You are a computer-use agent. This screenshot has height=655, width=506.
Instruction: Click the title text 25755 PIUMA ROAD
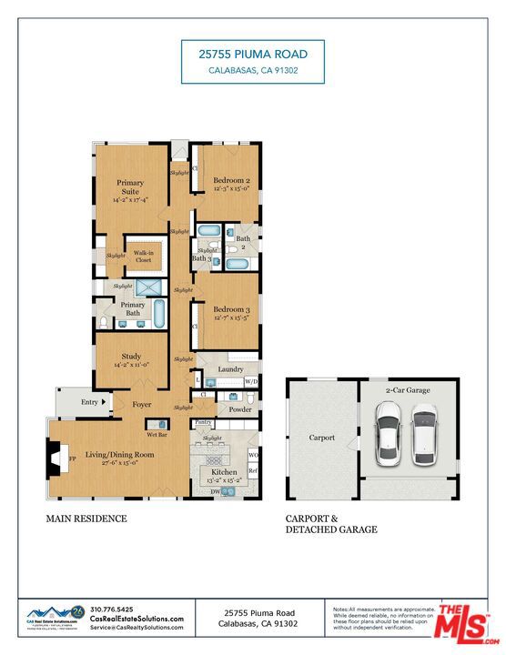[252, 54]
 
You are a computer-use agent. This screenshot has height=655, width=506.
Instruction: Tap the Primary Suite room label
[129, 190]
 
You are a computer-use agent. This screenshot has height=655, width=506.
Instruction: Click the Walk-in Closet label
[143, 257]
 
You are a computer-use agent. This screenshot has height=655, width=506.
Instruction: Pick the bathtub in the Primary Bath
[160, 315]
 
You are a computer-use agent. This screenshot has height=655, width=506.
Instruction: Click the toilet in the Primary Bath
[103, 322]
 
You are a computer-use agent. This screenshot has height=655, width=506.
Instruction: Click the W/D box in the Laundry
[251, 381]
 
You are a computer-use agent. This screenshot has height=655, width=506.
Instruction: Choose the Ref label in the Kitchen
[254, 470]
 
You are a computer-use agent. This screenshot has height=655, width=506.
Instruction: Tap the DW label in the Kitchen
[216, 491]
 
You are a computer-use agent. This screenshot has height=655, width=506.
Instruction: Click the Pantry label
[203, 423]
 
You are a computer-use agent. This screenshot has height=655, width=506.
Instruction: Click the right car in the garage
[424, 432]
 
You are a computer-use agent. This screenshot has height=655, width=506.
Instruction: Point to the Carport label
[321, 438]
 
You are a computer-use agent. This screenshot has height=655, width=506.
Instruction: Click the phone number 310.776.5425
[112, 609]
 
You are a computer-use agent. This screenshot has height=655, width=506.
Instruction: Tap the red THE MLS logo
[463, 624]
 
